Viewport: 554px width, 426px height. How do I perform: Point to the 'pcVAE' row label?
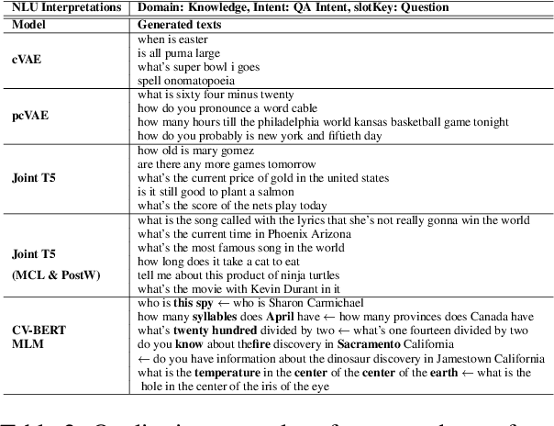pyautogui.click(x=29, y=116)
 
